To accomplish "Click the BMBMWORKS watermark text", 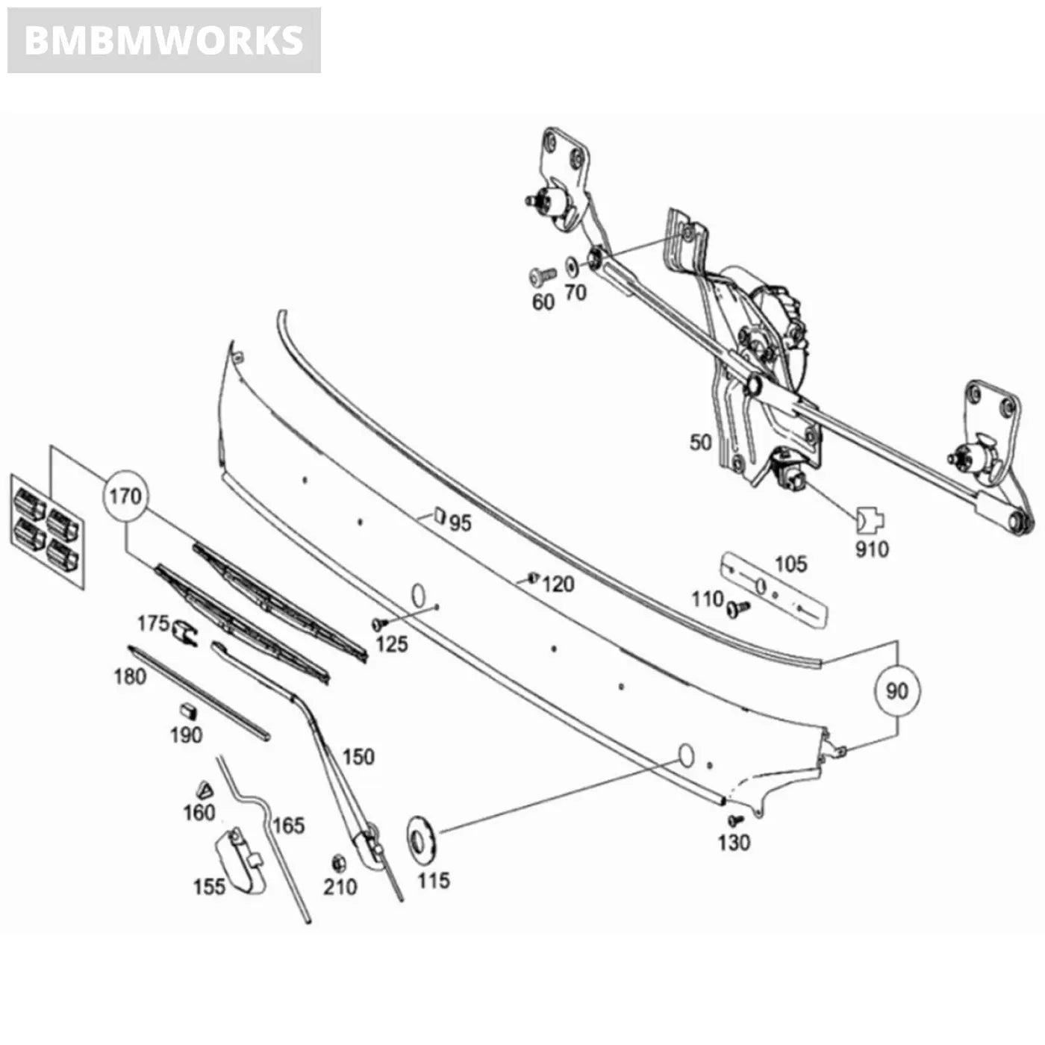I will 163,40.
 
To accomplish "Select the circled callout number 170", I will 125,496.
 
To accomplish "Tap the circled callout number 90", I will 896,690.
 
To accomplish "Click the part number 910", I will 872,549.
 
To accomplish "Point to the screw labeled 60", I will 541,277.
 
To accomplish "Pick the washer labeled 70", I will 572,266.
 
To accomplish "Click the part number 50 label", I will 700,442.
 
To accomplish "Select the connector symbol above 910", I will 870,517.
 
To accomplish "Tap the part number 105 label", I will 790,564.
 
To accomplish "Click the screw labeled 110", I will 739,609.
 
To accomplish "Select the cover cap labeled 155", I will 242,861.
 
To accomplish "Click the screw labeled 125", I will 378,623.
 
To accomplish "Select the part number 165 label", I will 288,825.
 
